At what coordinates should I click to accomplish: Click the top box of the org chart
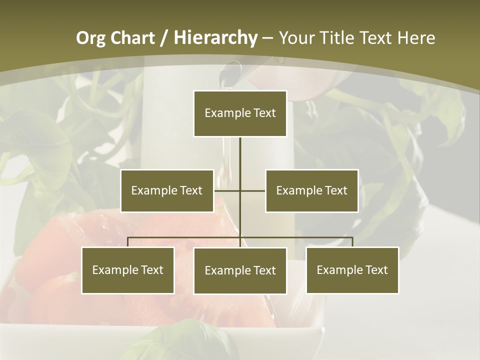pyautogui.click(x=240, y=113)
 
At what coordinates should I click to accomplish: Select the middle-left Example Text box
pyautogui.click(x=167, y=190)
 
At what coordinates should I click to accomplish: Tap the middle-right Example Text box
pyautogui.click(x=311, y=190)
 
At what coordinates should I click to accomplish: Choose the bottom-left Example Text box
pyautogui.click(x=128, y=270)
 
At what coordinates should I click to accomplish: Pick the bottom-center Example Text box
pyautogui.click(x=240, y=270)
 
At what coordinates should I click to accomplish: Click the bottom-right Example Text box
pyautogui.click(x=352, y=270)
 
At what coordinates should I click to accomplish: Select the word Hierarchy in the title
pyautogui.click(x=215, y=38)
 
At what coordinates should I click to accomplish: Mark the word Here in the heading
pyautogui.click(x=415, y=38)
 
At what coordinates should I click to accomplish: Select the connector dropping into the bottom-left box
pyautogui.click(x=128, y=242)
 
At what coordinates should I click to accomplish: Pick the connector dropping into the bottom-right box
pyautogui.click(x=352, y=242)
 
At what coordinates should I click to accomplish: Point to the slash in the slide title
pyautogui.click(x=164, y=38)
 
